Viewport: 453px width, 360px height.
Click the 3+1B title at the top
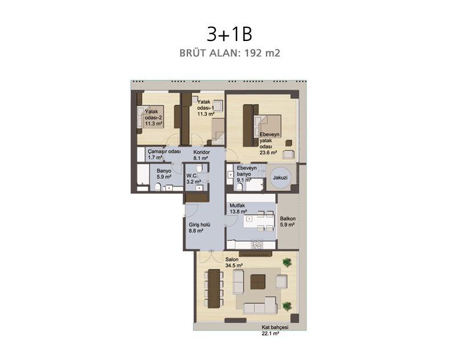[x=230, y=34]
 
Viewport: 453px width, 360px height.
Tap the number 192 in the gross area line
[x=254, y=53]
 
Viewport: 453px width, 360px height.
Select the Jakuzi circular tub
[x=280, y=178]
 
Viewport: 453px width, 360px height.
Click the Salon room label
[x=232, y=259]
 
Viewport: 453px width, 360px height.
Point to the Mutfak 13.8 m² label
[x=238, y=208]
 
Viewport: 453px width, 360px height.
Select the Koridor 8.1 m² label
[x=201, y=155]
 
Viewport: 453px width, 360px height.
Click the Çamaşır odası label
[x=164, y=152]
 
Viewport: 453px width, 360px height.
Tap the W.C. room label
[x=192, y=175]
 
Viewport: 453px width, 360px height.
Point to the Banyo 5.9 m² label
[x=164, y=174]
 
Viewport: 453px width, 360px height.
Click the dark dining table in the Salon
[x=214, y=288]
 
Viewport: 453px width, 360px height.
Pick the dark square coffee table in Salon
[x=258, y=282]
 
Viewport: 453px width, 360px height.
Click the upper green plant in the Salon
[x=287, y=263]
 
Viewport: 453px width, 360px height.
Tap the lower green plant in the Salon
[x=287, y=306]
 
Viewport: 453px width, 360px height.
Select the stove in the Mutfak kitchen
[x=257, y=244]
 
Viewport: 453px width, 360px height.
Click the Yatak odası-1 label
[x=206, y=108]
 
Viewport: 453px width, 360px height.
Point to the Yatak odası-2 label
[x=153, y=117]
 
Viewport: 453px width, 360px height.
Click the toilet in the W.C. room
[x=199, y=168]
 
